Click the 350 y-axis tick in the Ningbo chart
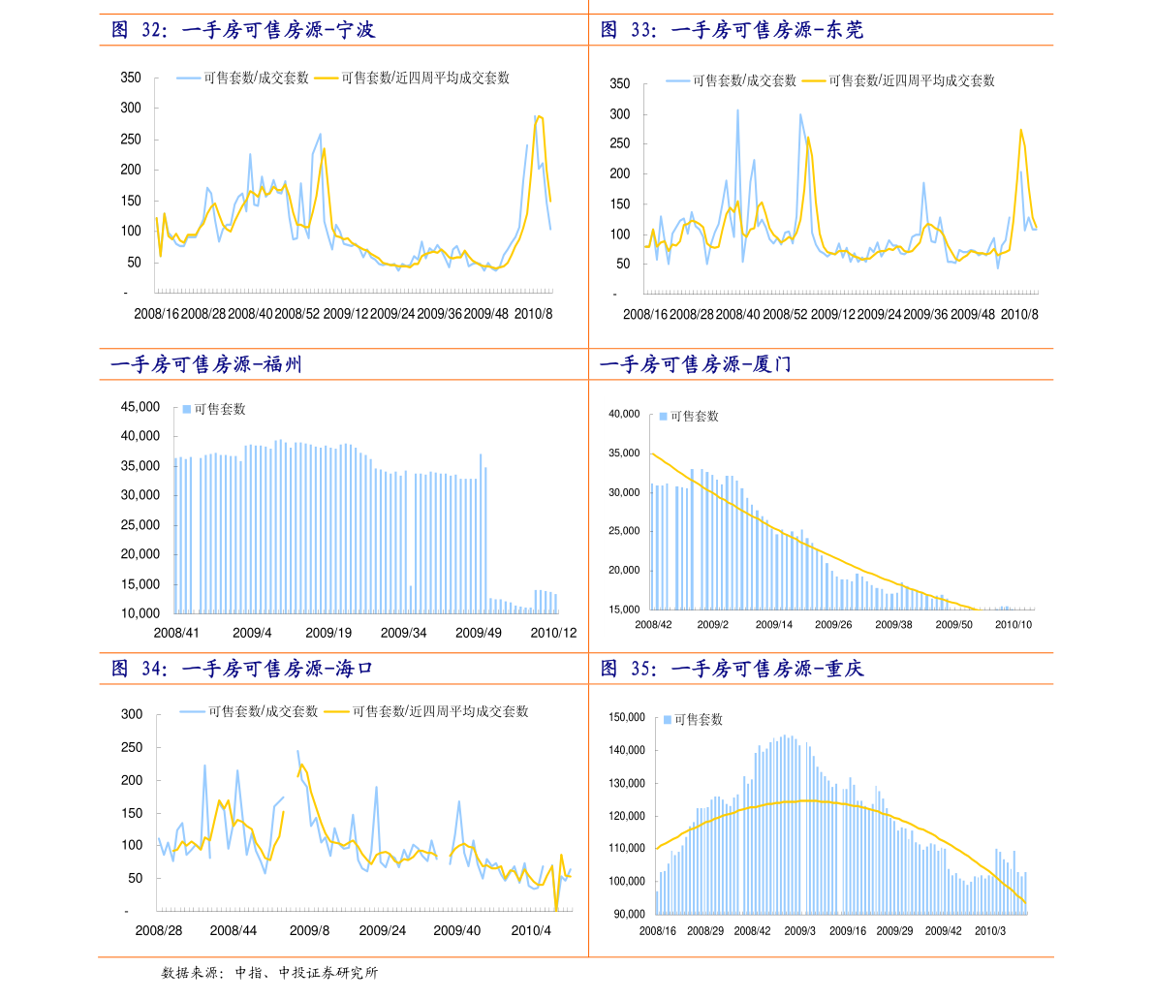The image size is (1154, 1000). [131, 78]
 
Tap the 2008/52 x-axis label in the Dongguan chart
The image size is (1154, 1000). [785, 314]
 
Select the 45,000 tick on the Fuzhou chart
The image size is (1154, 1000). [140, 407]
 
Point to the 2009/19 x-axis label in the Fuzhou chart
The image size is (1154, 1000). [328, 633]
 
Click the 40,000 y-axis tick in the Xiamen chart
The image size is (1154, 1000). [624, 415]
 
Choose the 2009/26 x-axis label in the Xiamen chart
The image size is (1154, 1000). [833, 625]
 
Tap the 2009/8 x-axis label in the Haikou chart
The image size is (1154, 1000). [309, 930]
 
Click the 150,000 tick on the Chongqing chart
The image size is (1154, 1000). [627, 718]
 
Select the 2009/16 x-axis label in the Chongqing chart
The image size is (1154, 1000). [848, 931]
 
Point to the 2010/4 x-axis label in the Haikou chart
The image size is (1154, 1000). [531, 930]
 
